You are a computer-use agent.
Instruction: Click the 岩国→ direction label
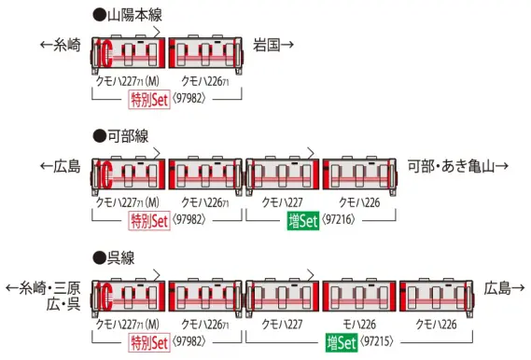(x=274, y=44)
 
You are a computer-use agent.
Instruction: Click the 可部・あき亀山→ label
(x=458, y=166)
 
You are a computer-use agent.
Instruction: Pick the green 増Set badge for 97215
(x=342, y=342)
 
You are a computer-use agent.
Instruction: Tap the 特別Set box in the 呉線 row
(x=148, y=342)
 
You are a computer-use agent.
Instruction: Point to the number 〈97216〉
(x=341, y=222)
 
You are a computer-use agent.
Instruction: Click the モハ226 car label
(x=358, y=324)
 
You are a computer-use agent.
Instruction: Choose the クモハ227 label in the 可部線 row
(x=282, y=202)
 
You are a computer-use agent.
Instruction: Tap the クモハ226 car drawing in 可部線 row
(x=358, y=173)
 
